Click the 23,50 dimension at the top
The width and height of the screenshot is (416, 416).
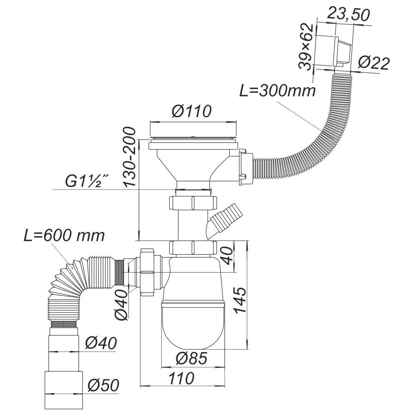348,15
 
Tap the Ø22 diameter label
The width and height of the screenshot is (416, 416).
373,63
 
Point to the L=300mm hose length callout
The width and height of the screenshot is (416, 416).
277,90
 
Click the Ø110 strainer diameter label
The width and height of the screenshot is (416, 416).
192,112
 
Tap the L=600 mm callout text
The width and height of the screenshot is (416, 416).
63,236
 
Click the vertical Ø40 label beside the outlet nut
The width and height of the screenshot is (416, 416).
122,304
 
